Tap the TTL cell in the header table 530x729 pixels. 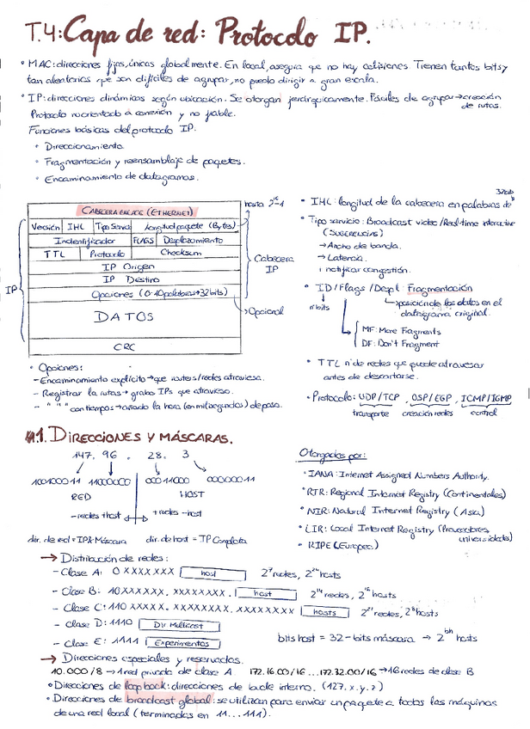click(52, 254)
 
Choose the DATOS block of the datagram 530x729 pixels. click(126, 317)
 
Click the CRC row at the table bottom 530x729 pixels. click(126, 346)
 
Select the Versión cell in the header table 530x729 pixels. click(45, 226)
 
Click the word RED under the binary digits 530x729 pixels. click(80, 497)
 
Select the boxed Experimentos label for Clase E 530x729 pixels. click(181, 642)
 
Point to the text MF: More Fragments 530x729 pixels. click(402, 330)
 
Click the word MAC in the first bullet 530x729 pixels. click(40, 65)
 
